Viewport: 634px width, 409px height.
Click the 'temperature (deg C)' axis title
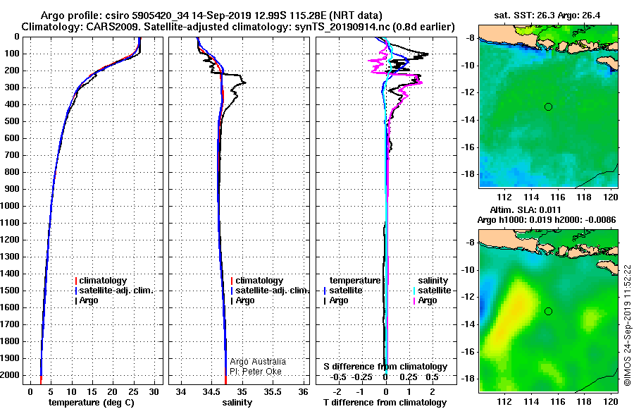[91, 403]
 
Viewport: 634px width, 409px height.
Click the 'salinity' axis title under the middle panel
[237, 403]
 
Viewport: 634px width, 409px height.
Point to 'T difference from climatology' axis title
[385, 403]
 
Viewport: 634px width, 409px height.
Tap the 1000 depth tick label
[10, 206]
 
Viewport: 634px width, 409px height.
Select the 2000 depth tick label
[10, 375]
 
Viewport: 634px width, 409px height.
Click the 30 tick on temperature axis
[154, 392]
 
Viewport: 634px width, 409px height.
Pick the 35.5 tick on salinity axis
[273, 392]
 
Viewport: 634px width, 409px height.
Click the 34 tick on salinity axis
[181, 392]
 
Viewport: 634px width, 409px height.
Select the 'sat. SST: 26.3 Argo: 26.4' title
[547, 16]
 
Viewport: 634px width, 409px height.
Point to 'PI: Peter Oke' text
[256, 372]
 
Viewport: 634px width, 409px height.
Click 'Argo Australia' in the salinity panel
[258, 362]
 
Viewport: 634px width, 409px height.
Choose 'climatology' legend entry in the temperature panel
[101, 281]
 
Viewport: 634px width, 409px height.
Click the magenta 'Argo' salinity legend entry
[425, 300]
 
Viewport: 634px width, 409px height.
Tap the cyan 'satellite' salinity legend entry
[432, 291]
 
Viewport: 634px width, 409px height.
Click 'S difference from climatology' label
[385, 367]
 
